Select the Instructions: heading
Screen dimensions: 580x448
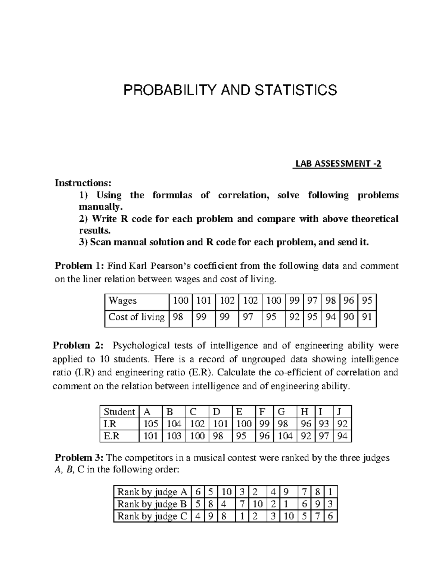tap(83, 183)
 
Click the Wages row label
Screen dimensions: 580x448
tap(122, 301)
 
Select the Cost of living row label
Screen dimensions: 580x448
tap(136, 317)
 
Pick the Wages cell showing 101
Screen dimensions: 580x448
tap(203, 301)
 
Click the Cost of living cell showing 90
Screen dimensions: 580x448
tap(348, 317)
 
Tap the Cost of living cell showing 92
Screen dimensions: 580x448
tap(294, 317)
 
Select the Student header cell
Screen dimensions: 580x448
tap(119, 412)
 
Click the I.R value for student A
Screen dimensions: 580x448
tap(150, 424)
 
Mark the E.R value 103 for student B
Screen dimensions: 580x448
tap(174, 436)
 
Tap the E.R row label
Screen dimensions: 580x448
tap(111, 436)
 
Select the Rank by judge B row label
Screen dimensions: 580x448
tap(152, 504)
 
